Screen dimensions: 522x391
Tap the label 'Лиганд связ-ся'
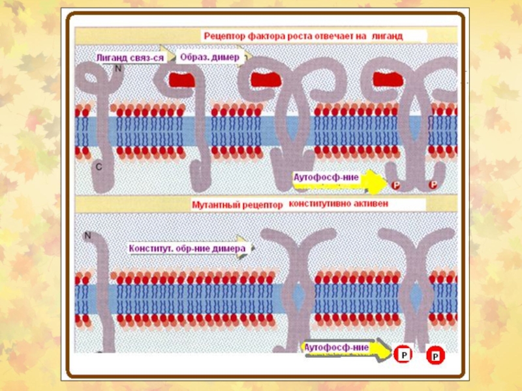(x=129, y=57)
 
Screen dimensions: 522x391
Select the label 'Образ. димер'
(x=211, y=57)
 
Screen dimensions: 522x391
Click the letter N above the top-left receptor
(x=118, y=68)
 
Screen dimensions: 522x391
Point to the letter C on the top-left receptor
(x=99, y=167)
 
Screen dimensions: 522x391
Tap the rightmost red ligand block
(x=386, y=80)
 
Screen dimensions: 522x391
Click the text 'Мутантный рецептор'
(x=237, y=205)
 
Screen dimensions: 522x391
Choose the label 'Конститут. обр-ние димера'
(x=187, y=249)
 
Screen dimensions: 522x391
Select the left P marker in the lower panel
(x=403, y=356)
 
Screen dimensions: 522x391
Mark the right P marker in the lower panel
(x=435, y=356)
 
